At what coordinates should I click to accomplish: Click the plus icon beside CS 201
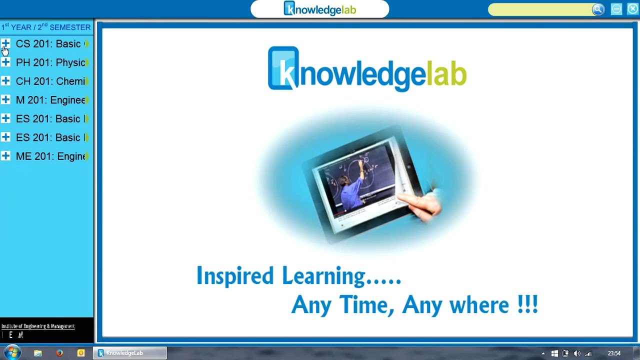pyautogui.click(x=5, y=43)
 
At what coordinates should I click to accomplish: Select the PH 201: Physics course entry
pyautogui.click(x=50, y=62)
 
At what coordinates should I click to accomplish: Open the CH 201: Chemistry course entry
pyautogui.click(x=50, y=81)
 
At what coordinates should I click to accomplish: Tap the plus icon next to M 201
pyautogui.click(x=5, y=99)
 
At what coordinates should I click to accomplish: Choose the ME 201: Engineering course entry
pyautogui.click(x=50, y=156)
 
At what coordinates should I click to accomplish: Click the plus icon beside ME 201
pyautogui.click(x=5, y=156)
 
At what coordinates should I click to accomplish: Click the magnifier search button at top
pyautogui.click(x=598, y=9)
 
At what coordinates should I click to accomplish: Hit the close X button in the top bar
pyautogui.click(x=632, y=9)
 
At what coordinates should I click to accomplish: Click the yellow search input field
pyautogui.click(x=540, y=9)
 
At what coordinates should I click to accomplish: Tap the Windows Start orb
pyautogui.click(x=12, y=352)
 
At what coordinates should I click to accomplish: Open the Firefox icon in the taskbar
pyautogui.click(x=59, y=353)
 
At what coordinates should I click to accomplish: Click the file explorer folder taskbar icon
pyautogui.click(x=37, y=353)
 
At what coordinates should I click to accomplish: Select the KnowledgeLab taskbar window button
pyautogui.click(x=129, y=353)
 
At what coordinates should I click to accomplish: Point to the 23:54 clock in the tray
pyautogui.click(x=614, y=353)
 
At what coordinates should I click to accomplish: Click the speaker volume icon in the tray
pyautogui.click(x=577, y=353)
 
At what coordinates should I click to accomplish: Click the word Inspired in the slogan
pyautogui.click(x=235, y=276)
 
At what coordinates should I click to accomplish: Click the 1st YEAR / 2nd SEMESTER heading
pyautogui.click(x=46, y=27)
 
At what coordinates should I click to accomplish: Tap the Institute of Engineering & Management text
pyautogui.click(x=38, y=326)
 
